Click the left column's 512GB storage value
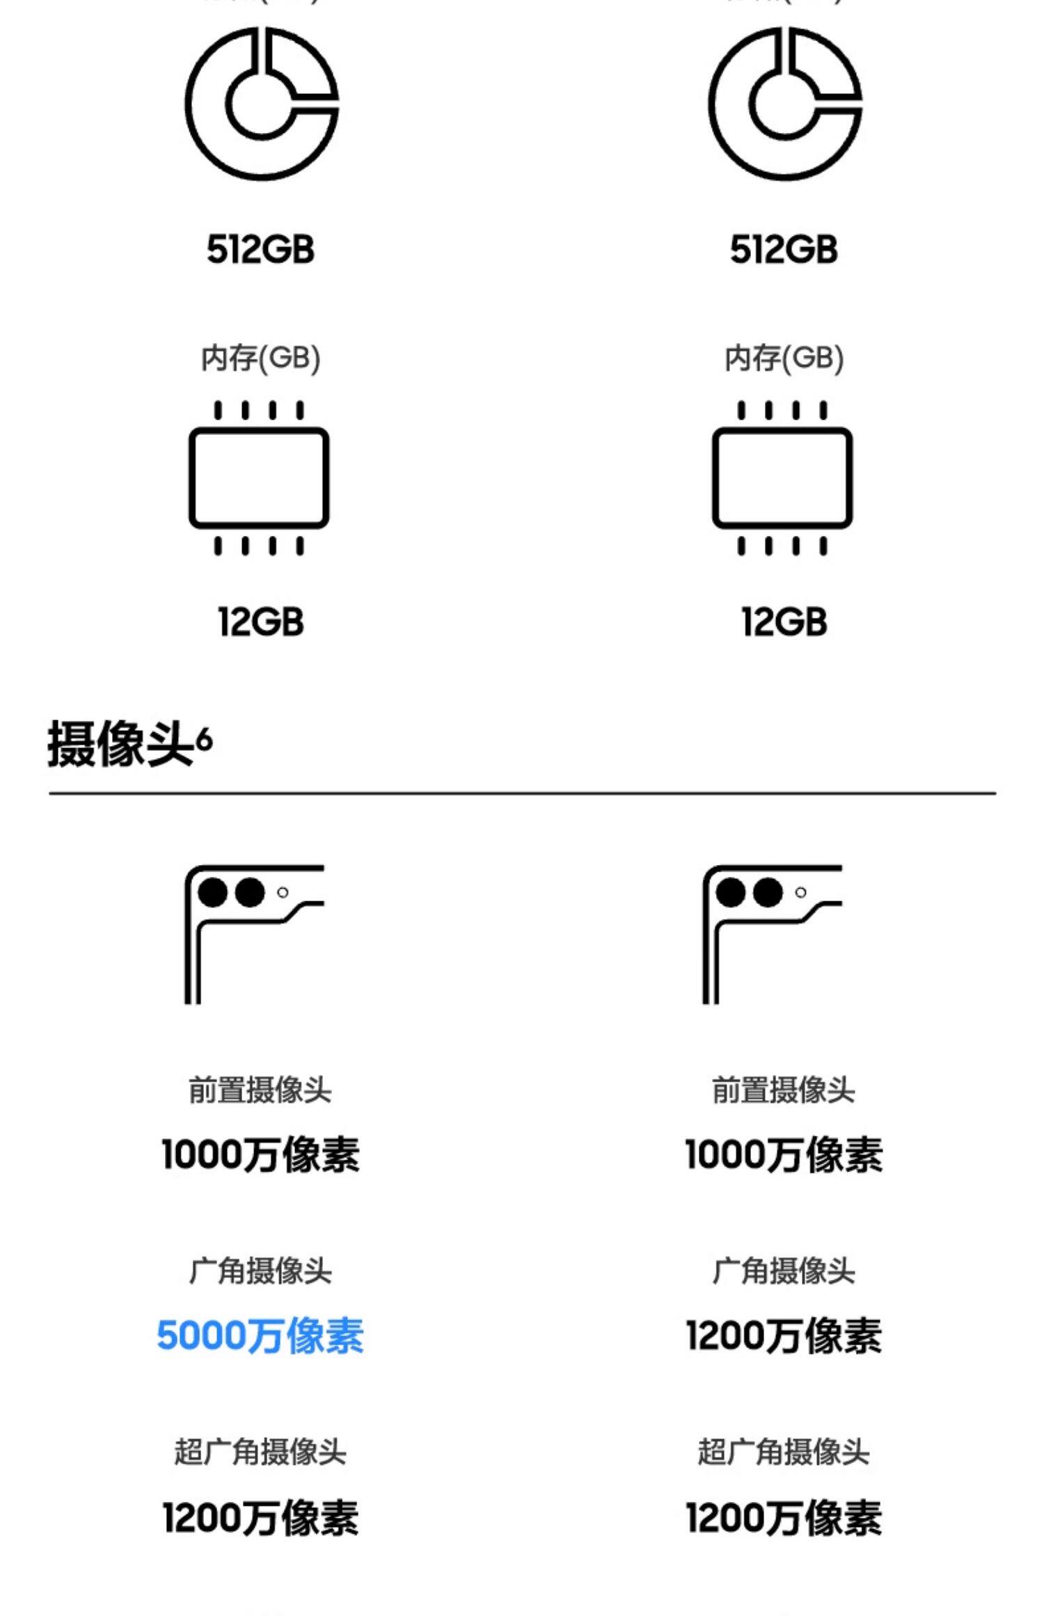coord(260,249)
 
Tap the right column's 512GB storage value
coord(784,249)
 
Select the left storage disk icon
coord(262,104)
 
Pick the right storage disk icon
coord(785,104)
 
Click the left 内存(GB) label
coord(260,358)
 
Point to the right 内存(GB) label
coord(784,358)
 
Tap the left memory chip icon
coord(259,478)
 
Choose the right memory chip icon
coord(782,478)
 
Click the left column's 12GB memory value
coord(260,621)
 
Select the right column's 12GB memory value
coord(784,621)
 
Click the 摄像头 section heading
coord(120,744)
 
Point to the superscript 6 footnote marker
coord(204,739)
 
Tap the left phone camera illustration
coord(254,934)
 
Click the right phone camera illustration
coord(772,934)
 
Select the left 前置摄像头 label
coord(260,1090)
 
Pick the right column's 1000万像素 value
coord(784,1155)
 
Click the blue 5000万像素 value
coord(260,1336)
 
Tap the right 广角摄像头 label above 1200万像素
coord(784,1271)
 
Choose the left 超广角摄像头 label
coord(260,1452)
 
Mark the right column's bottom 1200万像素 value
coord(784,1518)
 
